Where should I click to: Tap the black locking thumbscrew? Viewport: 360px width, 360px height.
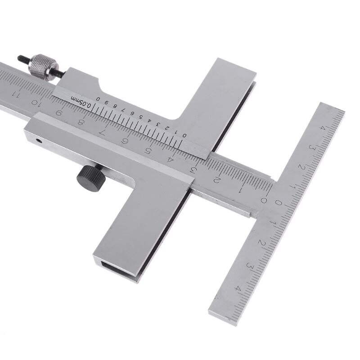pos(91,178)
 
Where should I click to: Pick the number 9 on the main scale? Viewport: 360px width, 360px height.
pos(58,113)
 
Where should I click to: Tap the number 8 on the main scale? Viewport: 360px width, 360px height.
pos(81,122)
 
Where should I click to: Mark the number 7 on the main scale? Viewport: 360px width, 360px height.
pos(102,132)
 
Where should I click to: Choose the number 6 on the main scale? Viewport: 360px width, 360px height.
pos(124,141)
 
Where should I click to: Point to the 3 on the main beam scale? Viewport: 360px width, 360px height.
pos(193,170)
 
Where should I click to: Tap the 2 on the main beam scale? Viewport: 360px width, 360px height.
pos(216,180)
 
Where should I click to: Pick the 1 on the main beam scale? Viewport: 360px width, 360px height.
pos(240,189)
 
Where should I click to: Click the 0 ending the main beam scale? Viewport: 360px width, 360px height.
pos(264,200)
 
